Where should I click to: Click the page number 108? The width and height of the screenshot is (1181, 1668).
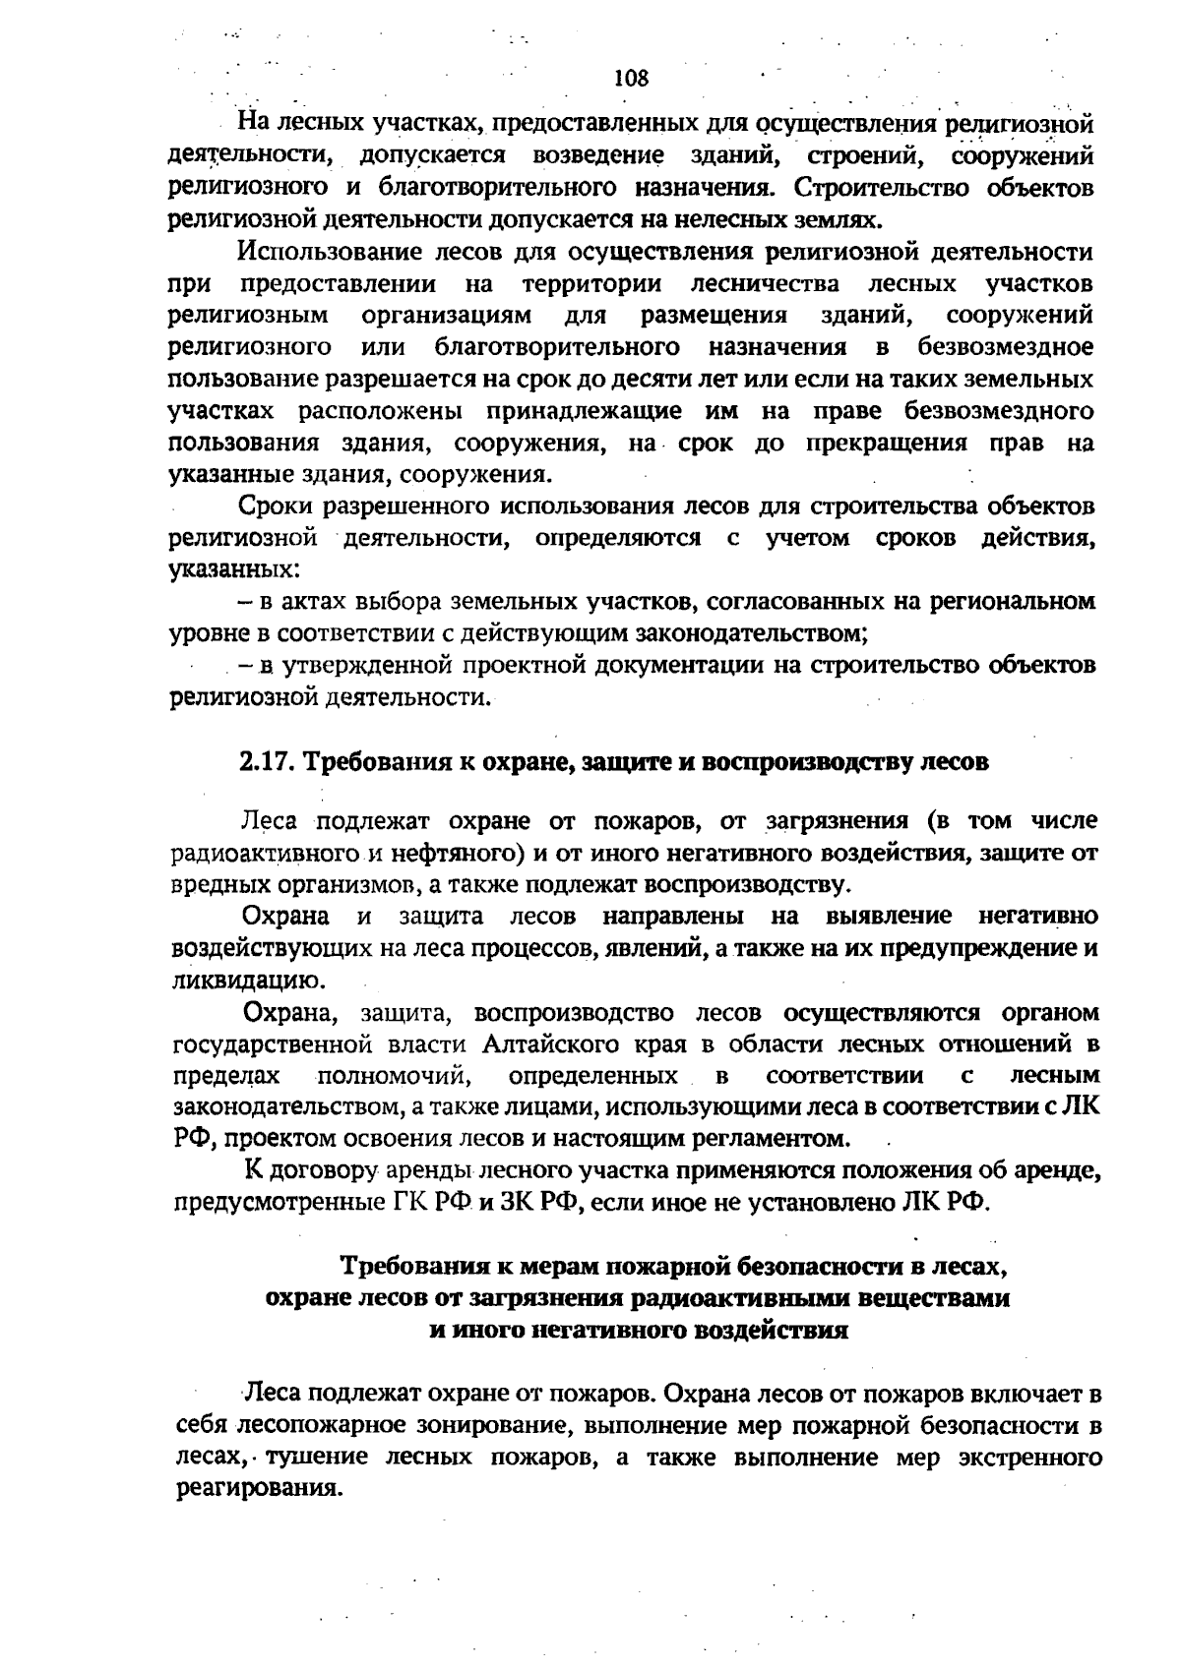(x=631, y=78)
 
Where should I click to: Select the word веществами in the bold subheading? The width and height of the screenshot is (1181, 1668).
(x=934, y=1297)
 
